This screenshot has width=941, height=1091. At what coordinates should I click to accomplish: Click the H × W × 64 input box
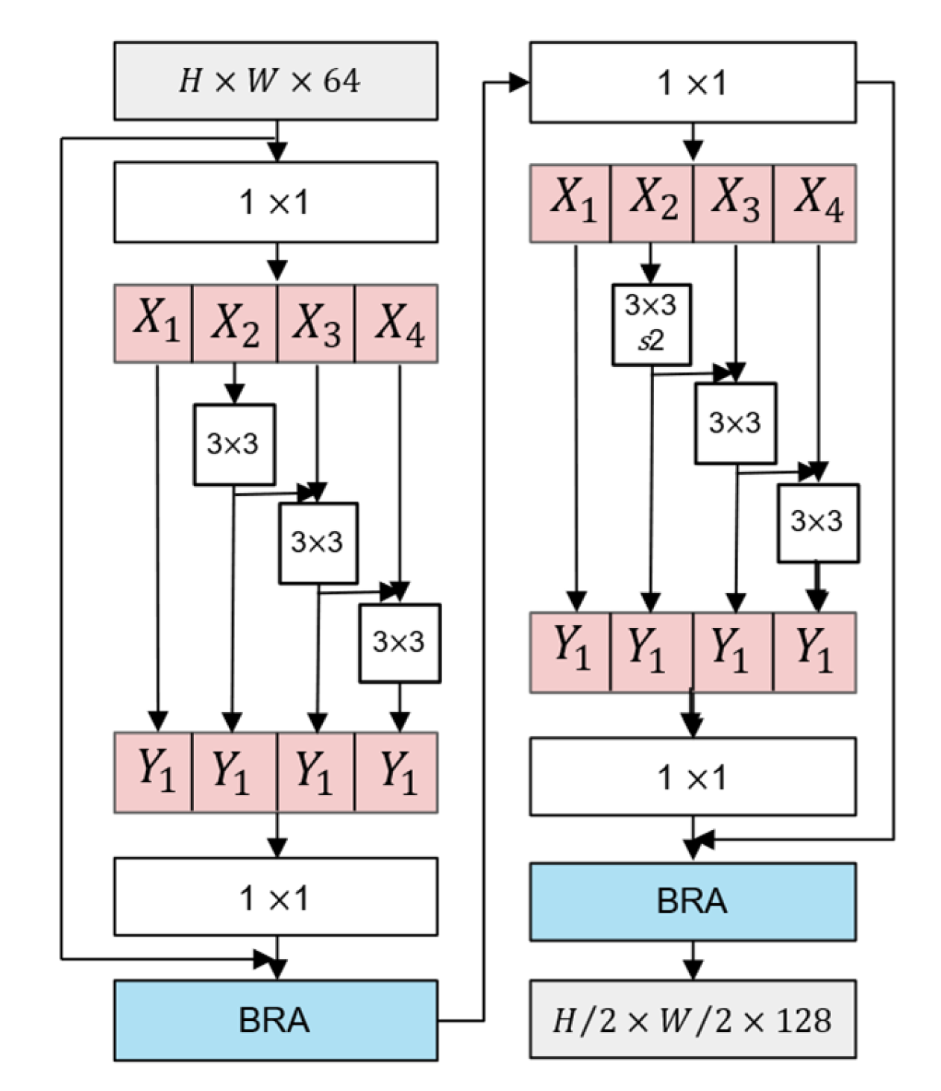(x=275, y=81)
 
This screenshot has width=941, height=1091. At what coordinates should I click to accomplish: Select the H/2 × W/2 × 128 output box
(x=692, y=1019)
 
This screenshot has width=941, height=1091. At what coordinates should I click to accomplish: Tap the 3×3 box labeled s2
(x=651, y=324)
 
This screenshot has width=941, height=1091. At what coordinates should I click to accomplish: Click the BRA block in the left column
(x=275, y=1019)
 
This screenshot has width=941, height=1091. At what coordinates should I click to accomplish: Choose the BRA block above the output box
(x=692, y=901)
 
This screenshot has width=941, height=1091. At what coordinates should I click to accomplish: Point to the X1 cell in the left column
(x=154, y=323)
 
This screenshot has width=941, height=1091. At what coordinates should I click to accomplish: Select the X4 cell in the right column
(x=815, y=203)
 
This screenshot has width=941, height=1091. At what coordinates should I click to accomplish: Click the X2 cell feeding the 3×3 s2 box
(x=652, y=203)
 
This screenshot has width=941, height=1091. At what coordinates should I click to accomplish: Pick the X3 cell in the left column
(x=316, y=323)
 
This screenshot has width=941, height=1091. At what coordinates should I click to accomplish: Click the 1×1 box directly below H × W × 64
(x=275, y=202)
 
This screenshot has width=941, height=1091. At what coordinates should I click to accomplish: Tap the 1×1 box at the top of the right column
(x=692, y=82)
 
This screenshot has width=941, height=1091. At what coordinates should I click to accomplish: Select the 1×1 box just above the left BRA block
(x=275, y=896)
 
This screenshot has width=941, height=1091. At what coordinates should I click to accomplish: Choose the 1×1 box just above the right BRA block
(x=692, y=776)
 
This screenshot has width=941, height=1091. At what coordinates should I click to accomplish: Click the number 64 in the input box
(x=341, y=81)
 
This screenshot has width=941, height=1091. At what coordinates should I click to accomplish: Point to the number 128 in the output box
(x=803, y=1019)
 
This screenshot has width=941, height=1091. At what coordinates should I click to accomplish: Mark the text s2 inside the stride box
(x=650, y=342)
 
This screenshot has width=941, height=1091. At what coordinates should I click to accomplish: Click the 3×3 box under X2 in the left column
(x=234, y=444)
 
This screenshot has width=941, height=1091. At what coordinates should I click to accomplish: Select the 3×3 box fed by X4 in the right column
(x=818, y=523)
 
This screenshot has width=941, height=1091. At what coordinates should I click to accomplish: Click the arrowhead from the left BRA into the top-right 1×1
(x=520, y=83)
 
